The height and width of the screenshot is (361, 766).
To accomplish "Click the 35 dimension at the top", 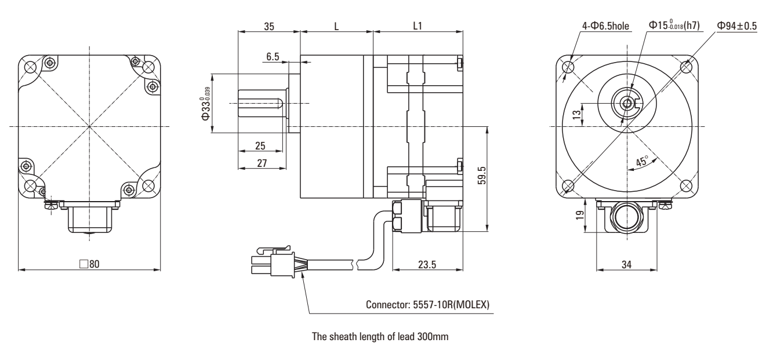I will click(x=268, y=27).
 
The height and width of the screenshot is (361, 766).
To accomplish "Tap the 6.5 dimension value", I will click(x=273, y=56).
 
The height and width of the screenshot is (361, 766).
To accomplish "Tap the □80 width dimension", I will click(x=89, y=264).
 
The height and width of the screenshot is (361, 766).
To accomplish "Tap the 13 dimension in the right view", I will click(x=576, y=115).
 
